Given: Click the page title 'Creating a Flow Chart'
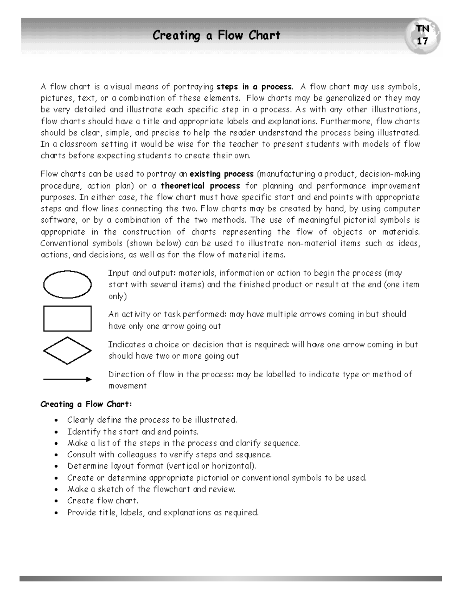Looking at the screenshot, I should click(216, 36).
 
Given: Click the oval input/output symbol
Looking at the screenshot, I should click(67, 284).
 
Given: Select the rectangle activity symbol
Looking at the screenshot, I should click(67, 318).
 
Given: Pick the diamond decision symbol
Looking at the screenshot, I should click(67, 350).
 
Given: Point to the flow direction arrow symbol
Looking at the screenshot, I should click(67, 380).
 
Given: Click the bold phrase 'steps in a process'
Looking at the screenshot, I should click(254, 86).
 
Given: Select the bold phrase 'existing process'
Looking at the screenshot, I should click(222, 174).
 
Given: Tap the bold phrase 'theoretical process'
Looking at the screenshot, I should click(200, 186).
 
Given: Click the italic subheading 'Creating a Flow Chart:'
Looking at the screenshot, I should click(86, 404).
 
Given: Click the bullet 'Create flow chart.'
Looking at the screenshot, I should click(103, 501).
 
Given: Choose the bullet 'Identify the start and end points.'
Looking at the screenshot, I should click(133, 432).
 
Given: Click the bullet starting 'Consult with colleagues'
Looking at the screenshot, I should click(169, 455).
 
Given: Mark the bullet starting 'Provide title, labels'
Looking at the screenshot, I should click(163, 513).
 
